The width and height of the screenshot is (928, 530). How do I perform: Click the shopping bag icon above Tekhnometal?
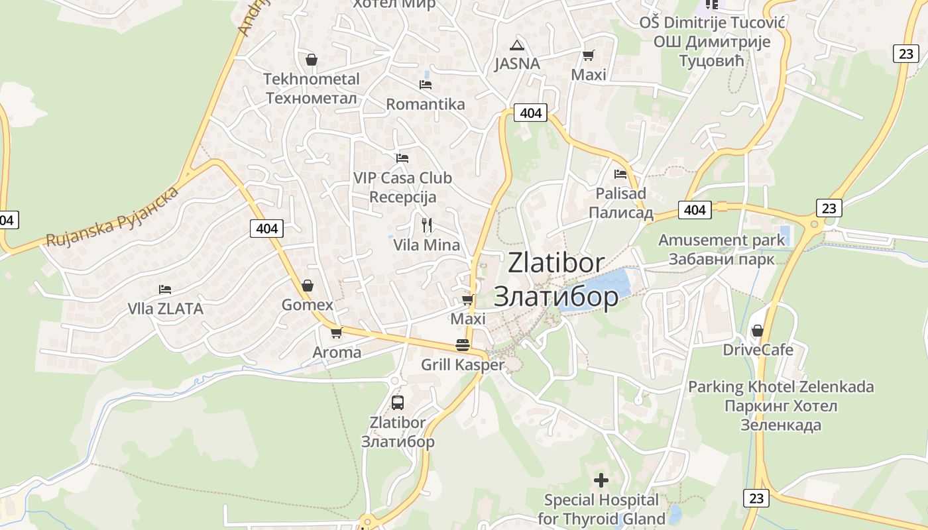click(x=312, y=60)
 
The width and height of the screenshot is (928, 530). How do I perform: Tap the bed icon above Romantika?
click(x=426, y=85)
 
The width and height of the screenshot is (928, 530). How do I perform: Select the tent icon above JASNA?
click(x=517, y=45)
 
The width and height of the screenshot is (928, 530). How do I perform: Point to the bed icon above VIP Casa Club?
click(x=402, y=158)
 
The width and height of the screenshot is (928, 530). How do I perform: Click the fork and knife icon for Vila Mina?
click(x=427, y=225)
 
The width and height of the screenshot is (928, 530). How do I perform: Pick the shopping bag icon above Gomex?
click(x=308, y=286)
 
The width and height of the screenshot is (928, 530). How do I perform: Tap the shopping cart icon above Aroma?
click(x=337, y=333)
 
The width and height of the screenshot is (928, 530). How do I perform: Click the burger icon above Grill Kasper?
click(x=463, y=345)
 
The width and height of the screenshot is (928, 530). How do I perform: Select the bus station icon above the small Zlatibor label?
click(x=398, y=402)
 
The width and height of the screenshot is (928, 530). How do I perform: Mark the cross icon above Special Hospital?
click(x=601, y=480)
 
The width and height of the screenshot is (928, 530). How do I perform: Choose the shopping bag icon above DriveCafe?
click(x=757, y=330)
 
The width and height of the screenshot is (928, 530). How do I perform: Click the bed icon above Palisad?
click(x=620, y=174)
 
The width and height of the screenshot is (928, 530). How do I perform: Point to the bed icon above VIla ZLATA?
click(x=165, y=290)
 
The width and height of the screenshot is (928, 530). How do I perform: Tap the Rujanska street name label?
click(x=113, y=217)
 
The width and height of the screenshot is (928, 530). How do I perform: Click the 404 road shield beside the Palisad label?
click(x=695, y=210)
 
